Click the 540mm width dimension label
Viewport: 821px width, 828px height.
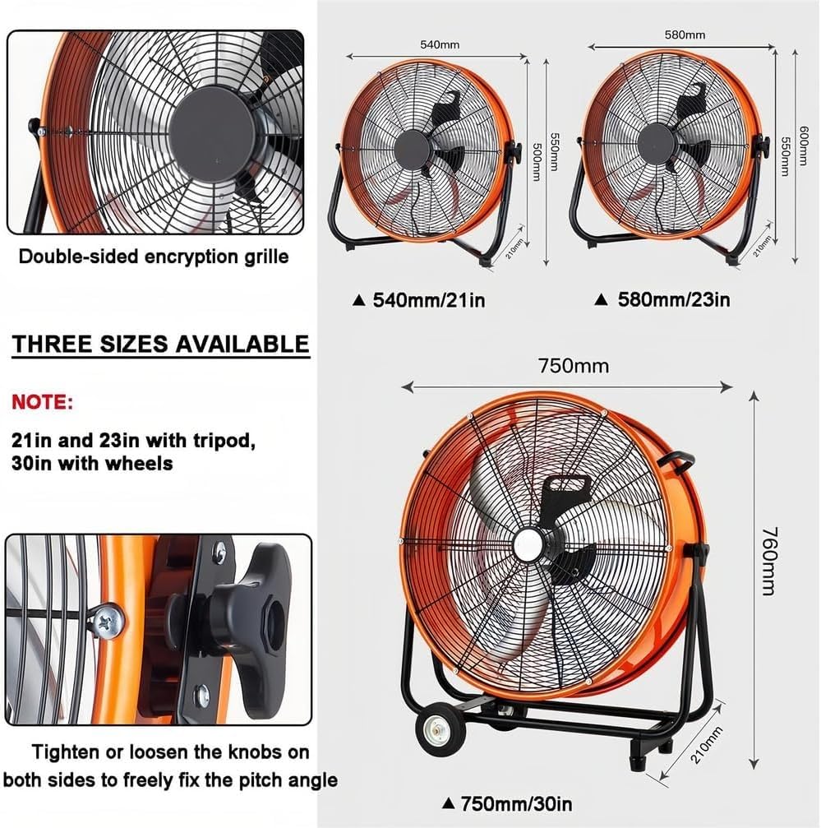tap(440, 44)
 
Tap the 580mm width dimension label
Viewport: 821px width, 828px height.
tap(685, 35)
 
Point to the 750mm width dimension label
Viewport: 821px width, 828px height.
tap(574, 366)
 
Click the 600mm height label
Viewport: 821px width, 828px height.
tap(803, 146)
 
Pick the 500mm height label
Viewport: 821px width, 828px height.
tap(536, 162)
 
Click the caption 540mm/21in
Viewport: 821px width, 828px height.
tap(428, 300)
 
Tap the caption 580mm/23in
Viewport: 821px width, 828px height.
tap(674, 299)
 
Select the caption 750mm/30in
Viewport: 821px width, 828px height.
tap(516, 803)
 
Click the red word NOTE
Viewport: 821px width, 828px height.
tap(42, 402)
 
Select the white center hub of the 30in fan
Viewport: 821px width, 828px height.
tap(528, 544)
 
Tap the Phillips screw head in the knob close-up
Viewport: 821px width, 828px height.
tap(108, 622)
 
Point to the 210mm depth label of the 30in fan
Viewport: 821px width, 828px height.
tap(705, 745)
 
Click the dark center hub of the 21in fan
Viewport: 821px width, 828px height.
tap(412, 150)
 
